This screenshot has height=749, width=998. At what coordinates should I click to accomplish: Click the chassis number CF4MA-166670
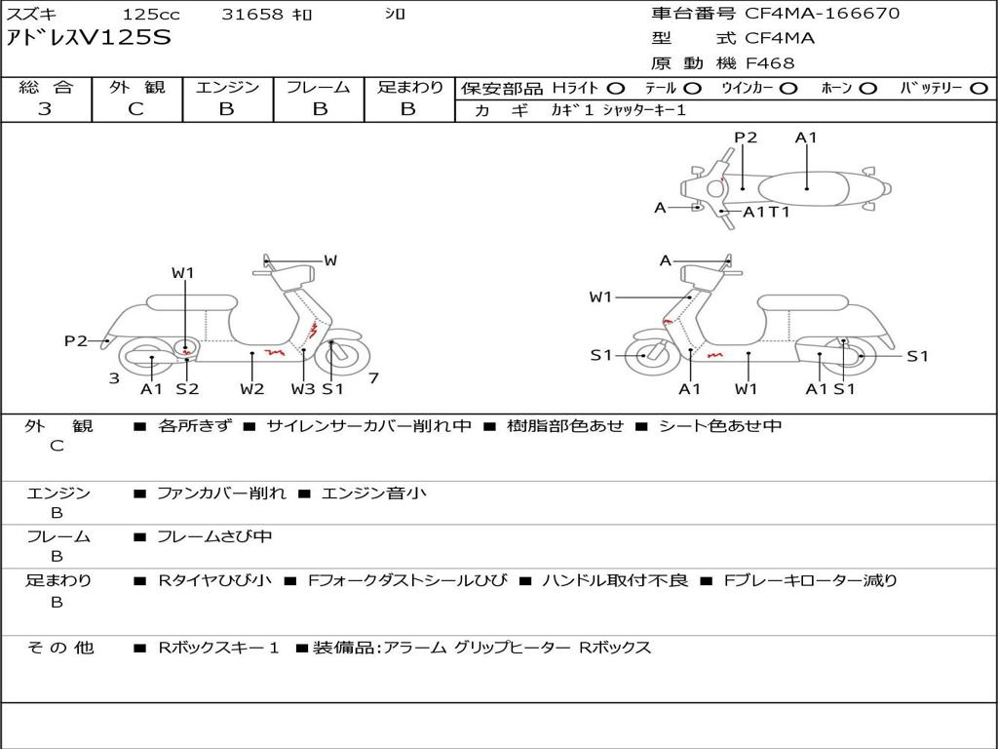point(822,14)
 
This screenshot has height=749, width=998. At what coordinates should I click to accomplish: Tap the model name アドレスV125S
point(89,38)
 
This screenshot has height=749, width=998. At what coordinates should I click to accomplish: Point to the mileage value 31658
point(252,14)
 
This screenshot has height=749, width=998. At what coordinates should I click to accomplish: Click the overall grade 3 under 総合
point(45,109)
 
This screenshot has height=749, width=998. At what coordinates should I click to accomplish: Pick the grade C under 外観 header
point(135,109)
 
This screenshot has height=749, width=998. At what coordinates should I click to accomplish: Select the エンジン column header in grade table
point(227,87)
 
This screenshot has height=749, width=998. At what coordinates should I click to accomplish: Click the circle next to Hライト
point(616,89)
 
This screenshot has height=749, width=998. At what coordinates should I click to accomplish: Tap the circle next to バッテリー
point(979,89)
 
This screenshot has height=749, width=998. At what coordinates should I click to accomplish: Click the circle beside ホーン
point(868,89)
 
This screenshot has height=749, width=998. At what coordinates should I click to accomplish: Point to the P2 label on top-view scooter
point(746,138)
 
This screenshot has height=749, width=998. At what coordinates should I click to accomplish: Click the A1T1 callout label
point(766,212)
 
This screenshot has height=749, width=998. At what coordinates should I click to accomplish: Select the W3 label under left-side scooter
point(303,388)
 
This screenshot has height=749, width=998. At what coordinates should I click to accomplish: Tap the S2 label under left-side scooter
point(187,388)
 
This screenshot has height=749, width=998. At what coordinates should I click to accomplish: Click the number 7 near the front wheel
point(373,378)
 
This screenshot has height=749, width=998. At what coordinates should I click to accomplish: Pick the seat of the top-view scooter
point(804,189)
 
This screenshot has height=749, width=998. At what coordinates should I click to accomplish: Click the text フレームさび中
point(214,537)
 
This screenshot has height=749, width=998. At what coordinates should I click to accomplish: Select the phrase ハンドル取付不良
point(615,581)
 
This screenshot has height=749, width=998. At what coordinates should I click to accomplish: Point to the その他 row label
point(60,648)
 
